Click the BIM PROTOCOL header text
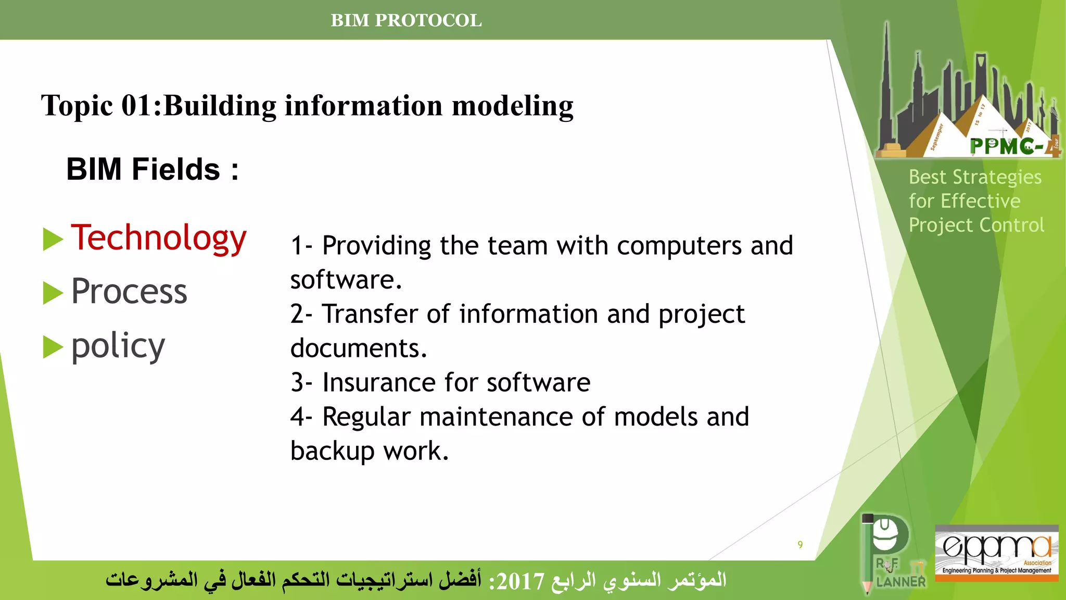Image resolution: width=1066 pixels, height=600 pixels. click(406, 20)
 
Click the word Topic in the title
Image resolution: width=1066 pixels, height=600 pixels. click(77, 106)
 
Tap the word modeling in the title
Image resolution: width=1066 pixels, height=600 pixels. click(513, 106)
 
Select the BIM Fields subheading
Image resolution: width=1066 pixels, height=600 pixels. click(152, 169)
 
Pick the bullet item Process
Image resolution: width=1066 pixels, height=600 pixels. click(129, 291)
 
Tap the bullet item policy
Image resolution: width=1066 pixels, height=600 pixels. click(118, 346)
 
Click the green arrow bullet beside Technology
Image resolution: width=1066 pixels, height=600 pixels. click(53, 239)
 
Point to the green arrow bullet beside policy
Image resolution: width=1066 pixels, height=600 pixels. click(53, 347)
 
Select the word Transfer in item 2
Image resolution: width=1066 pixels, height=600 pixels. click(370, 314)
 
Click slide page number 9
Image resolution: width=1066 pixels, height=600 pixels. click(800, 544)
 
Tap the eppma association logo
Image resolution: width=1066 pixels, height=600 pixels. click(996, 552)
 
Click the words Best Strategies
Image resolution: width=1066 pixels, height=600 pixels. click(975, 177)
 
